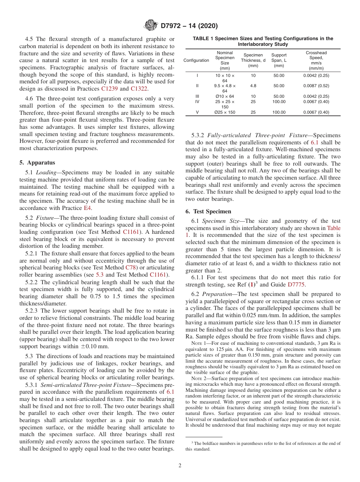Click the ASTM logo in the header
[x=151, y=26]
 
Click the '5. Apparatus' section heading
[x=37, y=163]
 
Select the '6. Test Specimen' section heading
[x=208, y=211]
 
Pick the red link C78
[x=131, y=268]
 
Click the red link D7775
[x=297, y=285]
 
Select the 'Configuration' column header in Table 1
[x=196, y=60]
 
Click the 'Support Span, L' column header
[x=279, y=60]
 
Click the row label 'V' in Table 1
[x=197, y=113]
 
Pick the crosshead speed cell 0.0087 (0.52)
[x=316, y=86]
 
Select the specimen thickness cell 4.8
[x=253, y=86]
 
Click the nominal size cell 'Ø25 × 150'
[x=225, y=113]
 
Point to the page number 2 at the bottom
[x=180, y=466]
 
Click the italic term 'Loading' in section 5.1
[x=45, y=172]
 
